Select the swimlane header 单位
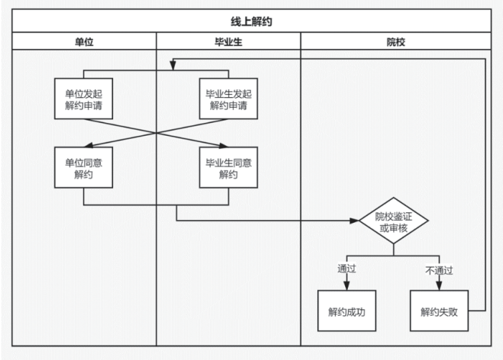tap(84, 41)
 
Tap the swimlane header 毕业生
tap(228, 41)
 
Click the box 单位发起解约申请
tap(84, 99)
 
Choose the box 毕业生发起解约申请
tap(228, 99)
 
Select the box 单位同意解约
tap(84, 168)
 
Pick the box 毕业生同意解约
tap(228, 168)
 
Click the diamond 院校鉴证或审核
tap(393, 221)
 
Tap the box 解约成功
tap(346, 312)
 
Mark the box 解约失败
tap(439, 312)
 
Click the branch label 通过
tap(346, 270)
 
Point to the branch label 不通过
tap(439, 270)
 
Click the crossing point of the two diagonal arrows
tap(157, 132)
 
